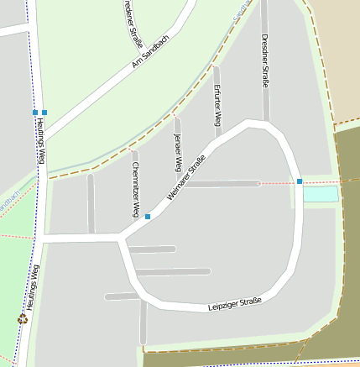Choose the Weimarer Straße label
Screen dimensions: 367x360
(x=186, y=183)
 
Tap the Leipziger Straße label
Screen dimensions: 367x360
(x=235, y=304)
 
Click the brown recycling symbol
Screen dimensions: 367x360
(x=22, y=318)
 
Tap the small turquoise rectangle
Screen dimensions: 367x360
(x=321, y=194)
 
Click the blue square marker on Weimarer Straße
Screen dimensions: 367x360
(x=148, y=217)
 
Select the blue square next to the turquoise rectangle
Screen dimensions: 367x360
(x=300, y=181)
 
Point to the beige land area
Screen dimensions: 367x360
(x=336, y=50)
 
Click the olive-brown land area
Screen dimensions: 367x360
(x=344, y=252)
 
